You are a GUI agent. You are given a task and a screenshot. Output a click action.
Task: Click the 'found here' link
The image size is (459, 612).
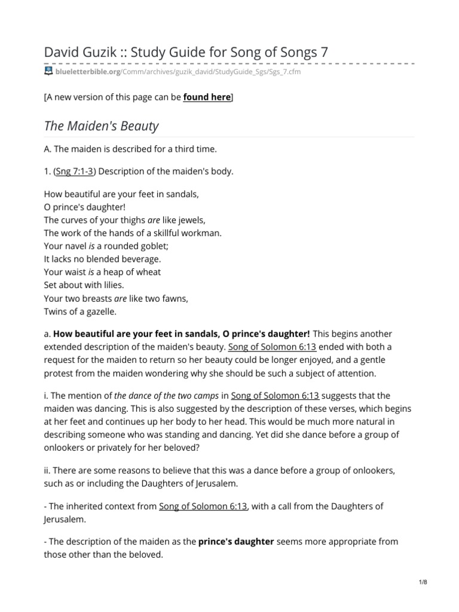click(x=206, y=97)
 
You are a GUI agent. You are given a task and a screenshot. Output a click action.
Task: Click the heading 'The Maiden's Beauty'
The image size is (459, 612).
click(x=101, y=126)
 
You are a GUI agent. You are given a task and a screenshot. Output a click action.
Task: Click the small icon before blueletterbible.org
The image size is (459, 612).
click(x=48, y=72)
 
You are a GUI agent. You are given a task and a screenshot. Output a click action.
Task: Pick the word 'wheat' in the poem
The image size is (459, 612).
click(x=149, y=272)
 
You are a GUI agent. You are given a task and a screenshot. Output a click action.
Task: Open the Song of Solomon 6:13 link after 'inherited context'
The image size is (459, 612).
click(x=203, y=506)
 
